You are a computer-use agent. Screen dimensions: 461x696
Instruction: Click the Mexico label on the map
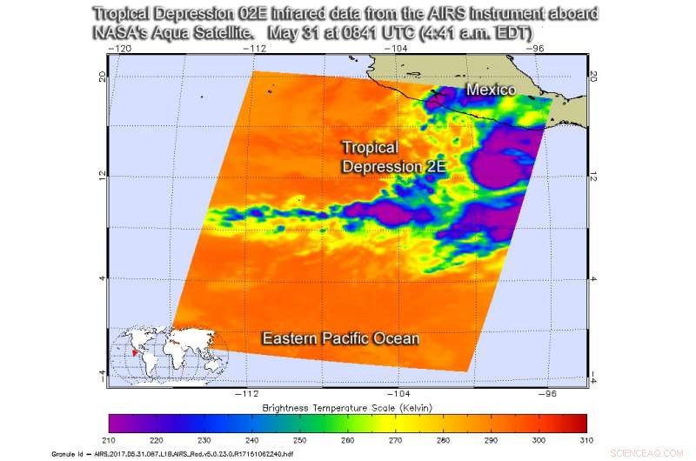click(491, 90)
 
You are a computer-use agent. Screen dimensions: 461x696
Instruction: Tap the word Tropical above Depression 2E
click(370, 148)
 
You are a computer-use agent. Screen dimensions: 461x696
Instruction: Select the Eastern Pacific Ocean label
click(341, 338)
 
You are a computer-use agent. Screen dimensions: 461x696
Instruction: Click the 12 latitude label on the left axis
click(103, 177)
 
